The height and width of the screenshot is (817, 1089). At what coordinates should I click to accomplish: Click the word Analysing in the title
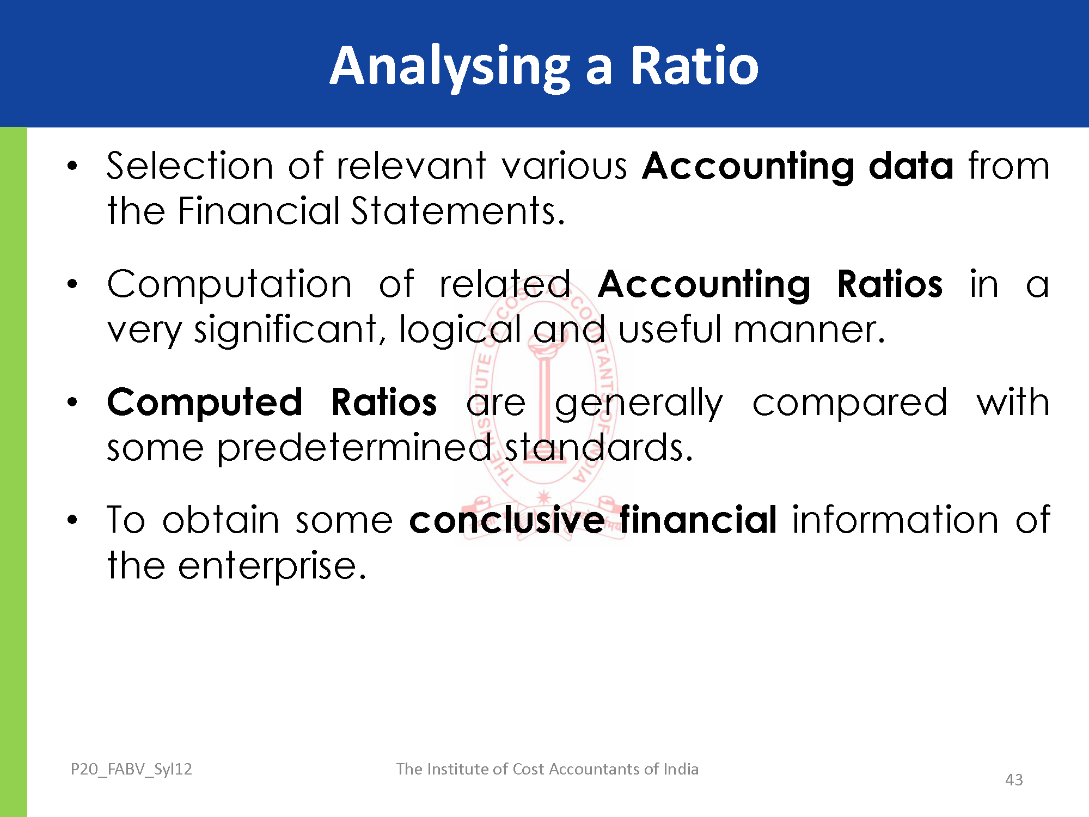click(450, 67)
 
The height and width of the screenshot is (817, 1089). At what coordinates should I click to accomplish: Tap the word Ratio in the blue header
click(694, 65)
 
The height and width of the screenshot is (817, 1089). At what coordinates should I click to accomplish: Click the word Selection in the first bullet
click(189, 166)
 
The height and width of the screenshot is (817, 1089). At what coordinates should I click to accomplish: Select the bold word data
click(911, 166)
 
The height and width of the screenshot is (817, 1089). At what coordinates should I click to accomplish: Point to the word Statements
click(458, 211)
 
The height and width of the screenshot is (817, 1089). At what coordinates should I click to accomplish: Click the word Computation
click(230, 285)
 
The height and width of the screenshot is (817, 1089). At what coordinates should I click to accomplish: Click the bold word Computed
click(205, 404)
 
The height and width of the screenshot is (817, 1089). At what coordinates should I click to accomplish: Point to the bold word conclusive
click(507, 520)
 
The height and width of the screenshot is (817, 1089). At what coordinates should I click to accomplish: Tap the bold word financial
click(698, 520)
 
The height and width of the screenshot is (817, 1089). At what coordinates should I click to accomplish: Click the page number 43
click(1014, 780)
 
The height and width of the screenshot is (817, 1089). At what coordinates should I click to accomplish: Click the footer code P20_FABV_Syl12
click(131, 769)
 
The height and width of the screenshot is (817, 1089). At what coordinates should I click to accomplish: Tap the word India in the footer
click(681, 769)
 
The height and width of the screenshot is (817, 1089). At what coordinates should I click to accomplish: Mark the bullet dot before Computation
click(72, 284)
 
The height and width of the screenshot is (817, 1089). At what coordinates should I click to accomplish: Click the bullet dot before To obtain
click(72, 520)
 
